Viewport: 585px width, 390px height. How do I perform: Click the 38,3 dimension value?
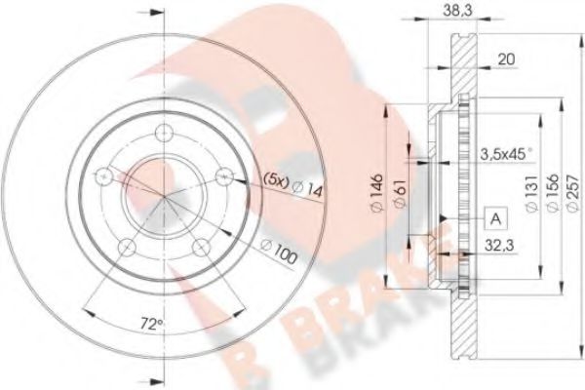(x=458, y=11)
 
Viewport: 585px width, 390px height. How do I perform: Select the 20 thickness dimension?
(x=506, y=59)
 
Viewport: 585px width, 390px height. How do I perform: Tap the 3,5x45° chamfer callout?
(x=506, y=154)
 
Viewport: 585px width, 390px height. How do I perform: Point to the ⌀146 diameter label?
(x=376, y=193)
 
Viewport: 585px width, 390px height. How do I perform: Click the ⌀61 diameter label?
(x=400, y=192)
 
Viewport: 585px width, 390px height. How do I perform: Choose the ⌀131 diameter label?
(x=531, y=193)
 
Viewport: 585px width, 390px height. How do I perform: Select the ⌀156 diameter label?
(x=553, y=193)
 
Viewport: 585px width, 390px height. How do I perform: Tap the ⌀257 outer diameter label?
(x=573, y=193)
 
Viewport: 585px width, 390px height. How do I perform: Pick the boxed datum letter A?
(x=496, y=218)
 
